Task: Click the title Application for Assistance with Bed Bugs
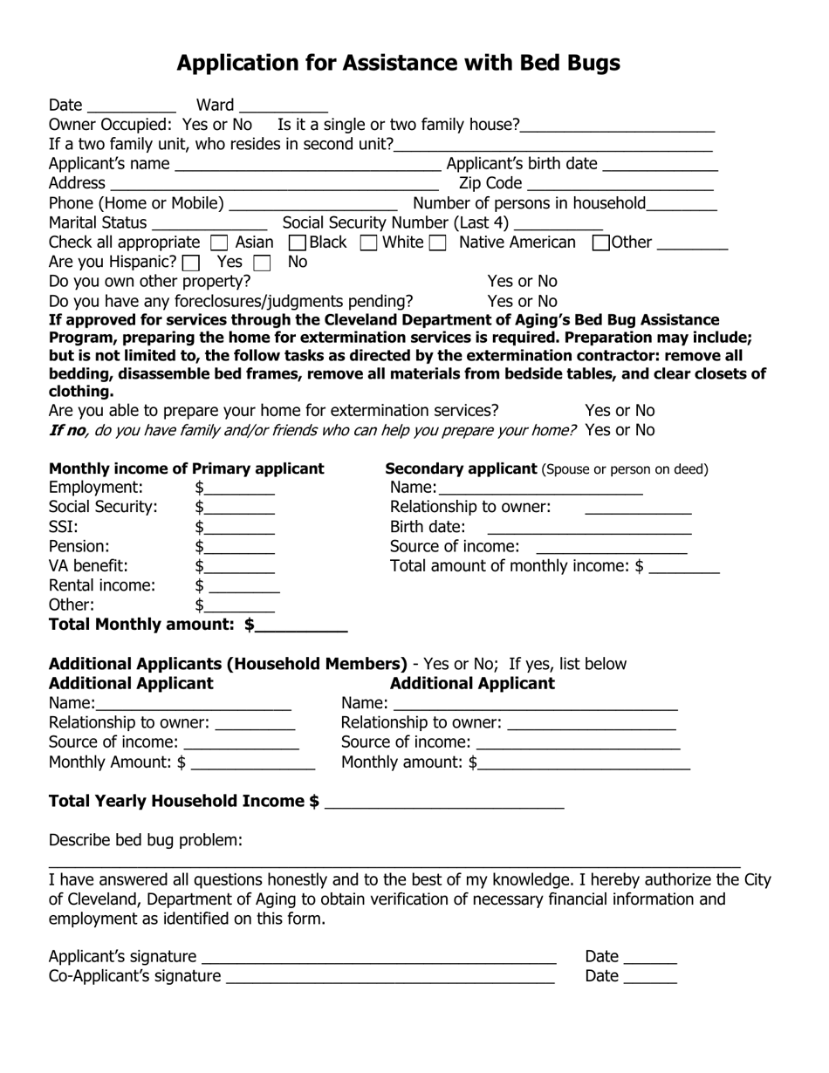click(x=398, y=63)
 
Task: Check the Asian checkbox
click(x=220, y=243)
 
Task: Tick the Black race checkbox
click(x=297, y=243)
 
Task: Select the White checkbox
click(x=368, y=243)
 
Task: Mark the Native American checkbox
click(x=438, y=243)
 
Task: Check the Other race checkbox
click(x=600, y=243)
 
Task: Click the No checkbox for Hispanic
click(x=262, y=263)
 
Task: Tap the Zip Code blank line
click(x=620, y=184)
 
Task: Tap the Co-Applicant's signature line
click(x=390, y=977)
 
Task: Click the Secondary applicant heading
click(x=461, y=469)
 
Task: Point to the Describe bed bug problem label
click(x=146, y=840)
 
